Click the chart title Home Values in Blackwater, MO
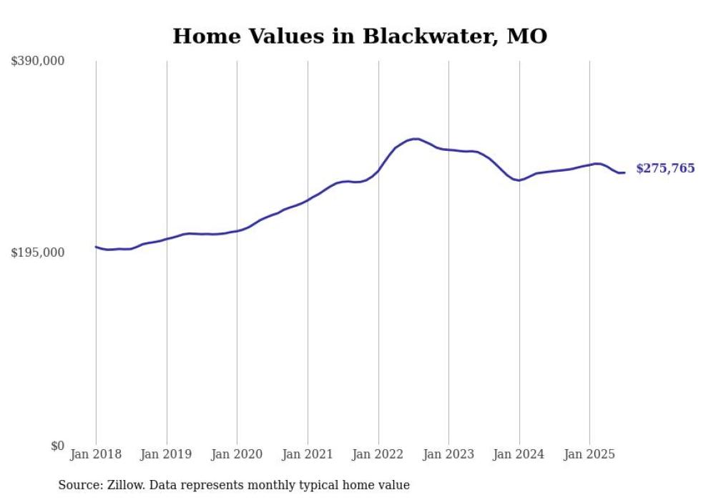tap(360, 36)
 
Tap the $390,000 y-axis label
tap(38, 62)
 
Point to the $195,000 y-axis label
tap(38, 253)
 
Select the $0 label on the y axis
tap(57, 446)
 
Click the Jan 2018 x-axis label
tap(96, 454)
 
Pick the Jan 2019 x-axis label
tap(167, 454)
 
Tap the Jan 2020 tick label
tap(237, 454)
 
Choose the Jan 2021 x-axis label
tap(308, 454)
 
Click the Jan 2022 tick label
tap(378, 454)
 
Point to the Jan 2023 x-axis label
tap(448, 454)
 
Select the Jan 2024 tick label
tap(519, 454)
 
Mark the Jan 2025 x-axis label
tap(589, 454)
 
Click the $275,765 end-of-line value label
tap(665, 169)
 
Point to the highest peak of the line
tap(415, 139)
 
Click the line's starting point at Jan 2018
tap(96, 247)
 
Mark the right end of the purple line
tap(624, 172)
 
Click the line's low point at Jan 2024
tap(519, 180)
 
